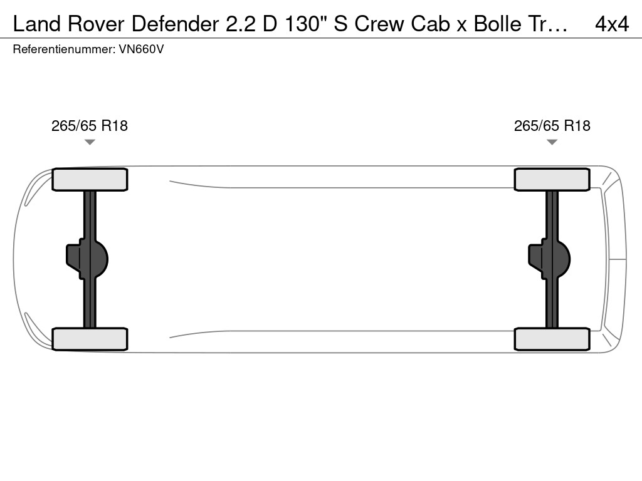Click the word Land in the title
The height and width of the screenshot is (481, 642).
pos(37,24)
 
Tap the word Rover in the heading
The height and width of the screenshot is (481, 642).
pos(96,24)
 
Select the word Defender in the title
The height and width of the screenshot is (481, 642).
pos(176,24)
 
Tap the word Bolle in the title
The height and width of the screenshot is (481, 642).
pos(497,24)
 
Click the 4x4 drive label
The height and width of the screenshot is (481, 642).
pos(612,24)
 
